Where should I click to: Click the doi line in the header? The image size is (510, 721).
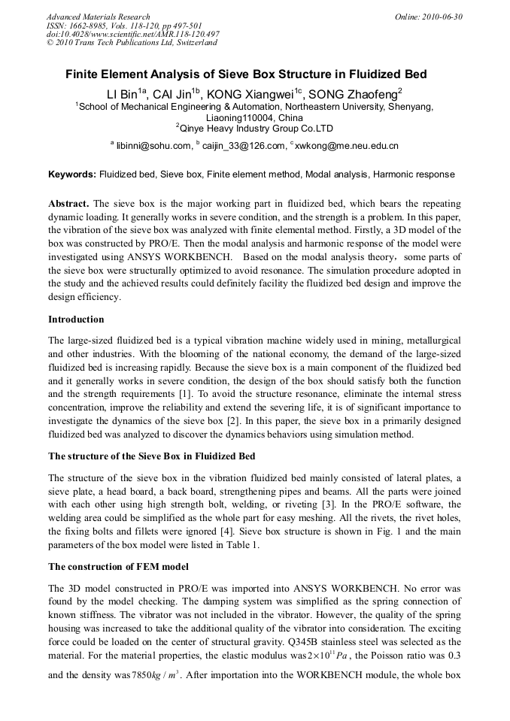coord(133,35)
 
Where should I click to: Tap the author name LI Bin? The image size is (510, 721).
coord(125,94)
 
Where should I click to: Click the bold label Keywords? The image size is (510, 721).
coord(73,174)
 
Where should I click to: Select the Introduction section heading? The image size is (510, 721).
coord(76,319)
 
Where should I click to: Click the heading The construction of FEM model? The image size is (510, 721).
coord(118,566)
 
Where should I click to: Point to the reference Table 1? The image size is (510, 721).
coord(242,546)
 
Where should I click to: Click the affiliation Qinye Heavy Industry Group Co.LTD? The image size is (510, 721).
coord(254,129)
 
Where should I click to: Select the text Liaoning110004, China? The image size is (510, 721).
coord(254,118)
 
